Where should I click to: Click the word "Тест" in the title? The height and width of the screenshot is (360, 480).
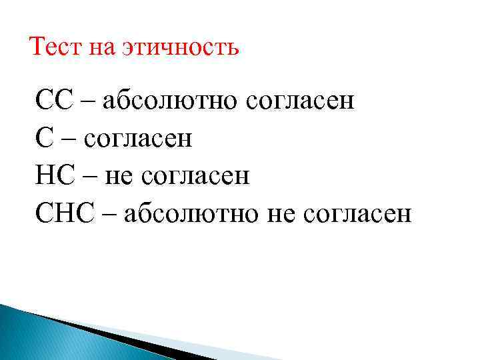click(53, 47)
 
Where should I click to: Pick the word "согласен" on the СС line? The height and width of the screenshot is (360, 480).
click(301, 103)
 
